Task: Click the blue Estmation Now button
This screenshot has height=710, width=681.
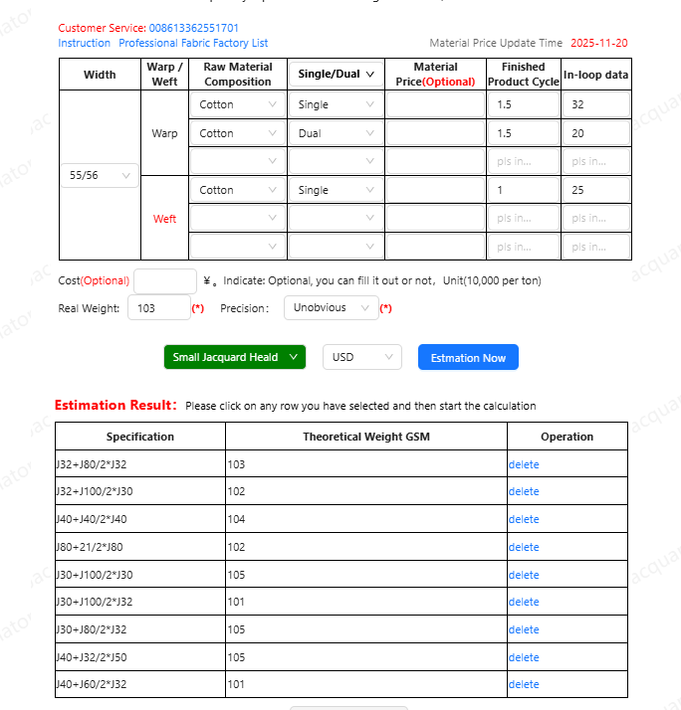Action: [468, 358]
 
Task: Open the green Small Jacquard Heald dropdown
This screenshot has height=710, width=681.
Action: [235, 357]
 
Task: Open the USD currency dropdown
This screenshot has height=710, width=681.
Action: [361, 357]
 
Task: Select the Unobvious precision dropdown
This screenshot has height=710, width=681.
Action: [331, 308]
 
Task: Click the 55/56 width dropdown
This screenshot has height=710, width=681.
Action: [100, 175]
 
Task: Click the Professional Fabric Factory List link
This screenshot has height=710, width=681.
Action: [193, 43]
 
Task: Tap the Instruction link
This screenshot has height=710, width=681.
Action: [84, 43]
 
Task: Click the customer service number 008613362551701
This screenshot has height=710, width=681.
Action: [193, 28]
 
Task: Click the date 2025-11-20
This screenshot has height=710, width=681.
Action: [598, 43]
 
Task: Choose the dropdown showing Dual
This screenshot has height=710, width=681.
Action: [335, 133]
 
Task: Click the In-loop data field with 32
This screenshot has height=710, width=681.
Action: [595, 104]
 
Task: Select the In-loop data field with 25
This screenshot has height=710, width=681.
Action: [595, 190]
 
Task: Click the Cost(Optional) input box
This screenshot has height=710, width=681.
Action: [165, 281]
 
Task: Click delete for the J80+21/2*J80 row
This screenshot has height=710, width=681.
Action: [524, 547]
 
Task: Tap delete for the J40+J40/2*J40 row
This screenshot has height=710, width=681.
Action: [524, 519]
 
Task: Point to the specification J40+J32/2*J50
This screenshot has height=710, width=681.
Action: [91, 657]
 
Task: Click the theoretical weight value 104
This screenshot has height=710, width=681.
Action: [237, 519]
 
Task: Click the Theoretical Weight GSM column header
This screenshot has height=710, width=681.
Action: [366, 437]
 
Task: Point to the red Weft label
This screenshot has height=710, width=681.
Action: [164, 219]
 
